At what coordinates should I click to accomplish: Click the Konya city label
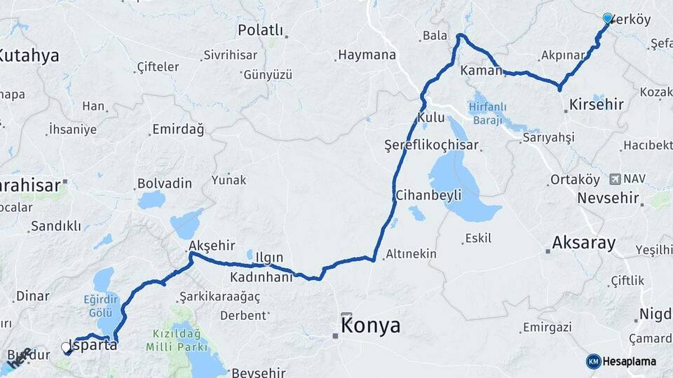tap(371, 325)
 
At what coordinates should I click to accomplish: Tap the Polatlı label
tap(260, 30)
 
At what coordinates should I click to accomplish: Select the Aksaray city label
tap(584, 243)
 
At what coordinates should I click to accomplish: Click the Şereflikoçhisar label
tap(431, 145)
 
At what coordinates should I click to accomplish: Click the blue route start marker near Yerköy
tap(607, 18)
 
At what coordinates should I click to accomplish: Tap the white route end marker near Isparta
tap(66, 346)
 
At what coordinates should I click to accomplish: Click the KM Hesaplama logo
tap(622, 361)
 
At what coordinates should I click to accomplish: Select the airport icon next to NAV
tap(616, 179)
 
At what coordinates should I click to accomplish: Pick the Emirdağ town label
tap(177, 129)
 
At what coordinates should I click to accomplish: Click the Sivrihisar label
tap(231, 55)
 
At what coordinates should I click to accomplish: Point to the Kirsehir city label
tap(597, 105)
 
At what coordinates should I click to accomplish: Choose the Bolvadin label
tap(165, 183)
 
